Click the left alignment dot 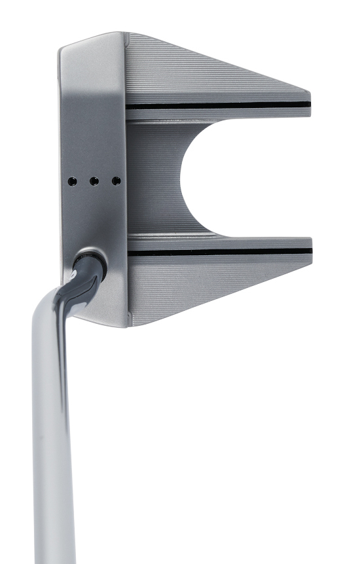coord(73,179)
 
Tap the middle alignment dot coord(94,179)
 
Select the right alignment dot coord(116,179)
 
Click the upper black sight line coord(216,105)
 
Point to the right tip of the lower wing coord(310,252)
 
